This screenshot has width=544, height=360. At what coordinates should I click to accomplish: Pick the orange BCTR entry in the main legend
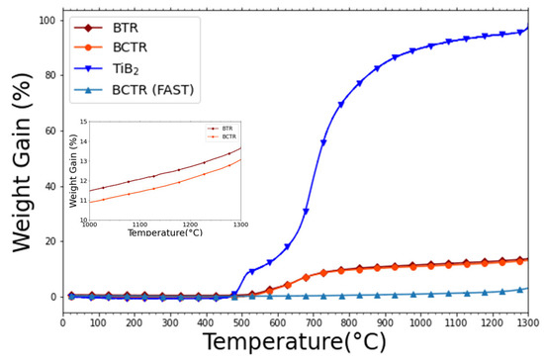116,48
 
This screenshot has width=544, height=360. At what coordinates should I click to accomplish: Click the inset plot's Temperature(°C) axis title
164,232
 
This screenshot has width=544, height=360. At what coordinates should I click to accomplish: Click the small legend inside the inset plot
224,131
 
